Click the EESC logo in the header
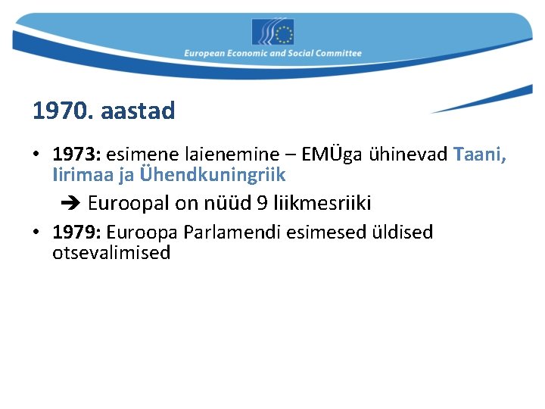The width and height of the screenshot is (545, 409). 272,32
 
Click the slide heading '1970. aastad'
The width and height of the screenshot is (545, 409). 104,111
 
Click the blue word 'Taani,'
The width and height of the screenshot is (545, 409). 480,155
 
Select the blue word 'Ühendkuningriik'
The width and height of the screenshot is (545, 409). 213,175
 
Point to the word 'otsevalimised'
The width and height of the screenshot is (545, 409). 111,253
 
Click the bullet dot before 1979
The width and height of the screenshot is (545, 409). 36,233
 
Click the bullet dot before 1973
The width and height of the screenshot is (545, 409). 36,155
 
